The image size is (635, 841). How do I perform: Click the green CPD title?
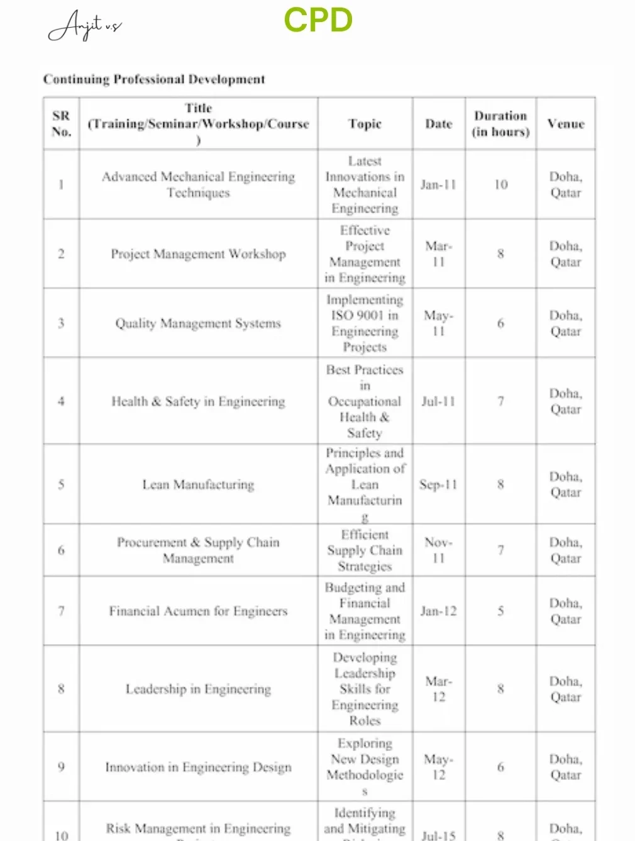(318, 20)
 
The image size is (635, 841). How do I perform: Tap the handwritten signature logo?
(84, 25)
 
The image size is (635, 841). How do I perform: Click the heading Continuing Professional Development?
(154, 79)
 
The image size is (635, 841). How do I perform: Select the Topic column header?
(365, 124)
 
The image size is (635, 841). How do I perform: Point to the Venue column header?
(565, 124)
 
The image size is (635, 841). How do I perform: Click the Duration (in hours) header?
(500, 124)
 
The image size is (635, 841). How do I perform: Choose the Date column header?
(438, 124)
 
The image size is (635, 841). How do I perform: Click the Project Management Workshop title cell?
(198, 254)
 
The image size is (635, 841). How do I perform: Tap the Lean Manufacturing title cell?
(198, 485)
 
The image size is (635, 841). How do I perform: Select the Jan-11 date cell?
(438, 185)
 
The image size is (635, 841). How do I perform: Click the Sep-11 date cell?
(438, 485)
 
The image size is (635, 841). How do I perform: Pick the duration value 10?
(500, 185)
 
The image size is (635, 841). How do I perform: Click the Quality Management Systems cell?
(198, 323)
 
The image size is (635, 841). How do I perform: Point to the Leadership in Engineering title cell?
(198, 689)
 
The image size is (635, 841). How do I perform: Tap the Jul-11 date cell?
(438, 401)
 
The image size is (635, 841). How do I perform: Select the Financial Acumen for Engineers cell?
(198, 611)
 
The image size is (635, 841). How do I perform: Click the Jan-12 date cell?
(438, 611)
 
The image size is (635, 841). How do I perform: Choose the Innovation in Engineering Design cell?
(198, 767)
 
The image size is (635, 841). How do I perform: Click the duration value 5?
(500, 611)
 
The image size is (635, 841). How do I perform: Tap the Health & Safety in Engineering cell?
(198, 401)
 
